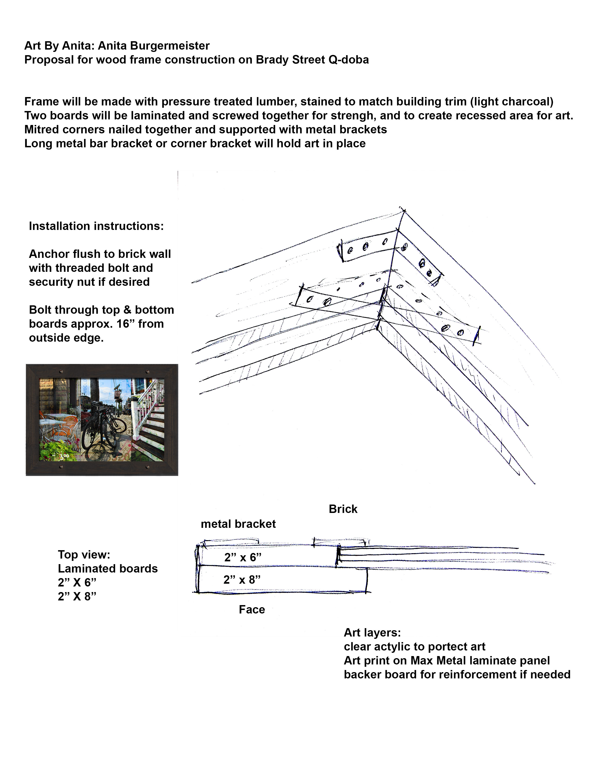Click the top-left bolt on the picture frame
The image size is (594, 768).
click(61, 371)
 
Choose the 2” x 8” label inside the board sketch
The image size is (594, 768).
click(242, 579)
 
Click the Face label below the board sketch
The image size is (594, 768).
click(252, 610)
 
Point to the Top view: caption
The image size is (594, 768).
click(84, 555)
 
